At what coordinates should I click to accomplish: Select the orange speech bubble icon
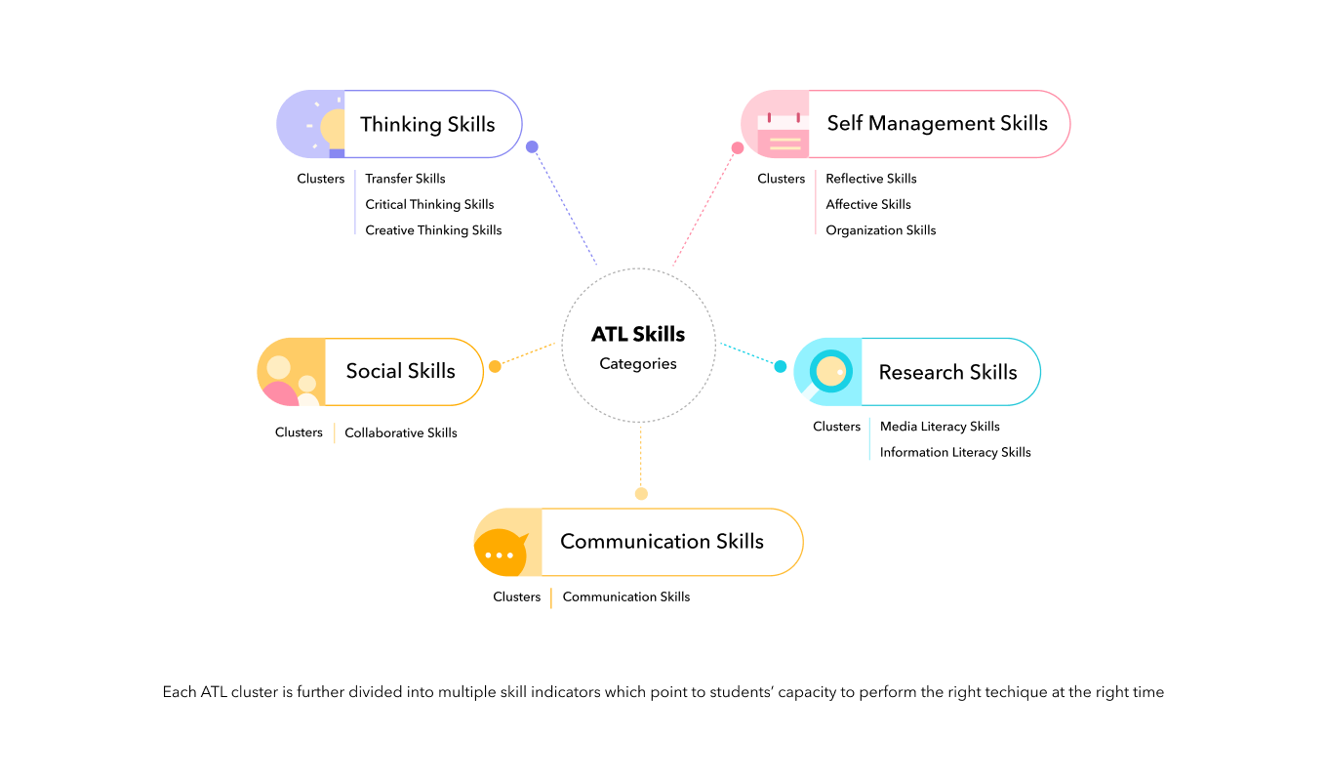(x=501, y=552)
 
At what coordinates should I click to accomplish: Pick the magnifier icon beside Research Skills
(x=830, y=372)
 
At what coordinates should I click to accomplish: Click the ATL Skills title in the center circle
(x=638, y=334)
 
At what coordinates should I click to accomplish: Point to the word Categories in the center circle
(x=638, y=364)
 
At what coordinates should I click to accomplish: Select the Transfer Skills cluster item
(x=405, y=179)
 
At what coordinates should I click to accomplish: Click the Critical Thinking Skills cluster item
(x=429, y=204)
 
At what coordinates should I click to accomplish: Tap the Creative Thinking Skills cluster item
(x=433, y=230)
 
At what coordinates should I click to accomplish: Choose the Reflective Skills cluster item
(x=870, y=179)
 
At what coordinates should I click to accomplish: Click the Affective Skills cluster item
(x=867, y=204)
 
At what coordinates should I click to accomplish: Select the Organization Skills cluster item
(x=880, y=230)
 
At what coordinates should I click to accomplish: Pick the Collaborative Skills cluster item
(x=400, y=432)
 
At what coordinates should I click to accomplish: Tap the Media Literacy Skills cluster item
(x=940, y=427)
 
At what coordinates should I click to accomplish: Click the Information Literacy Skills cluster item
(x=955, y=452)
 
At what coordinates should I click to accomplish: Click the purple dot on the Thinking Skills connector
(x=532, y=147)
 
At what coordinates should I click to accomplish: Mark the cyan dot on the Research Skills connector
(x=781, y=367)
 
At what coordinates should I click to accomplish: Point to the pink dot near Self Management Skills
(x=738, y=148)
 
